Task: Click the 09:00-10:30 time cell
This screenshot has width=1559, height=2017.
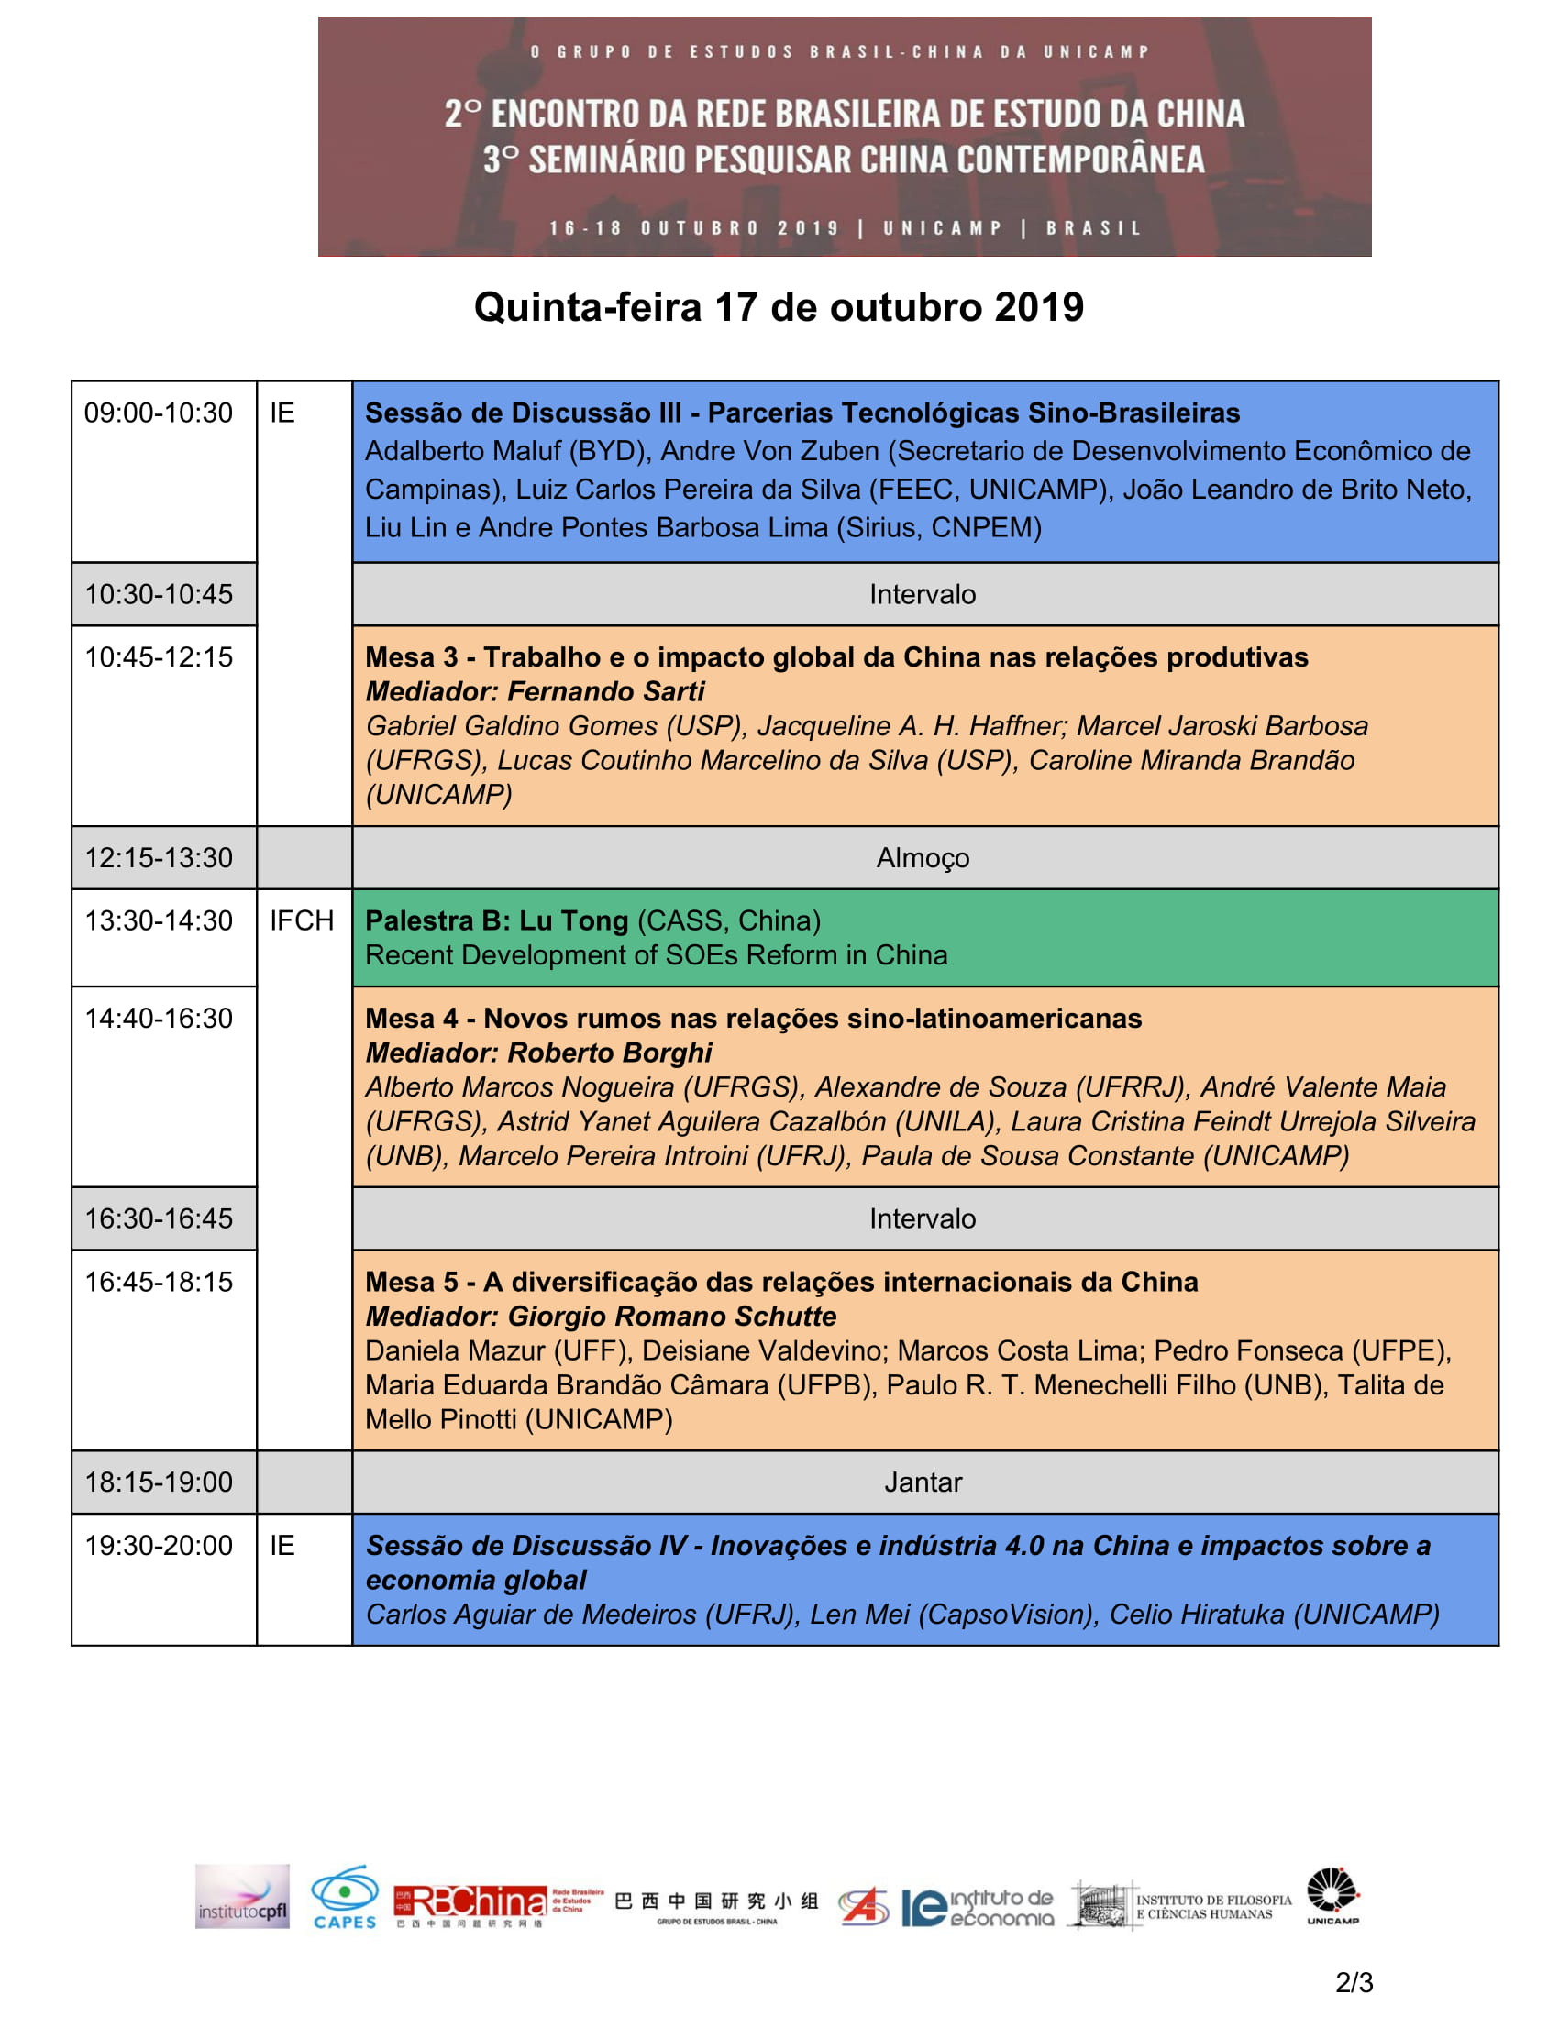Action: tap(158, 413)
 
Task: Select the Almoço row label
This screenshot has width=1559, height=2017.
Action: tap(923, 858)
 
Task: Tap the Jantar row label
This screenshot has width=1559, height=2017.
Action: tap(923, 1482)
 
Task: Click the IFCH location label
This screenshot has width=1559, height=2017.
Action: tap(301, 920)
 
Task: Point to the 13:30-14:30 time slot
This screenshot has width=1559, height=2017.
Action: tap(158, 920)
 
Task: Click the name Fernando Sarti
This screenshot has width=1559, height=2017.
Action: tap(606, 691)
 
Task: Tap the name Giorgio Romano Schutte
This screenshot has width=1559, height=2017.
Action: tap(671, 1316)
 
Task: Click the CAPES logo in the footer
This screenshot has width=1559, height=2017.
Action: tap(345, 1899)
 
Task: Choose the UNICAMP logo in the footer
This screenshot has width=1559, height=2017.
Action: tap(1332, 1897)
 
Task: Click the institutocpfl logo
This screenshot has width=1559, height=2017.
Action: tap(242, 1897)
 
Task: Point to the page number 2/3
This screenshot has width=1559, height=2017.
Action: tap(1354, 1982)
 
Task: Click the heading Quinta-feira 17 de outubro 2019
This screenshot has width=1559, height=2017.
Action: tap(779, 307)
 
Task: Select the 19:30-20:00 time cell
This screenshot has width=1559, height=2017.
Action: tap(158, 1545)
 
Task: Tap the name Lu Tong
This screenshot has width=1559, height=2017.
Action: tap(573, 920)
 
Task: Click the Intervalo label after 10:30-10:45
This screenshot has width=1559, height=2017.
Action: tap(923, 594)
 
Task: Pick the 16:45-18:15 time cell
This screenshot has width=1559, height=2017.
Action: tap(158, 1282)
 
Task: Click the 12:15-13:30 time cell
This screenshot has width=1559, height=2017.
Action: tap(158, 858)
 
